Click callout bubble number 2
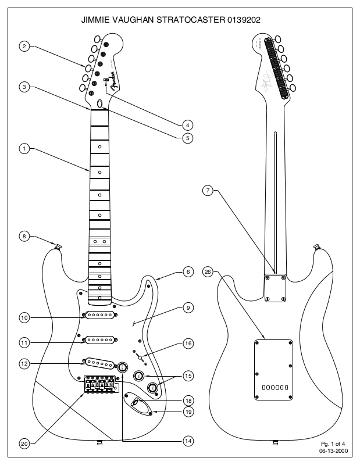(24, 46)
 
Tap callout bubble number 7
(208, 190)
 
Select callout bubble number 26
(208, 271)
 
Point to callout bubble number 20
(24, 443)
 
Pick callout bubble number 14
(187, 441)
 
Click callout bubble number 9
(187, 307)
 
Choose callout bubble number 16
(187, 344)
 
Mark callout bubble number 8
(24, 236)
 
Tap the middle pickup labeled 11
(99, 339)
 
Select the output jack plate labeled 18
(138, 402)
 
